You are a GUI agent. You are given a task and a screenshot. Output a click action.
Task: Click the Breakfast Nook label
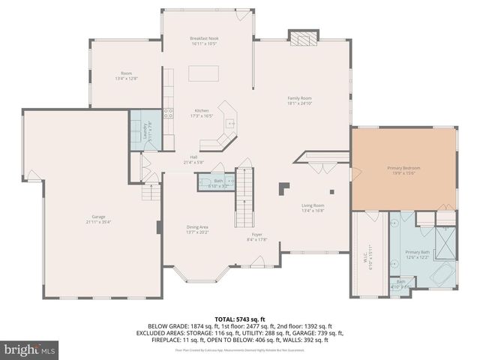pyautogui.click(x=204, y=40)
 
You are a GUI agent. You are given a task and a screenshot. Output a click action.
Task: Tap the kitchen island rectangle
pyautogui.click(x=204, y=73)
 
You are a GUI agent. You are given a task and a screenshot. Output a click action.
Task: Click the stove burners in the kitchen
pyautogui.click(x=169, y=114)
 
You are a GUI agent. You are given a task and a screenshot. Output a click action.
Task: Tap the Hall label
pyautogui.click(x=193, y=159)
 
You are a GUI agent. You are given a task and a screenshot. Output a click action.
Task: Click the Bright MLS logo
pyautogui.click(x=30, y=349)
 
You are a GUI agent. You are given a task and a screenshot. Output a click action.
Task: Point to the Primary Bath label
pyautogui.click(x=417, y=254)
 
